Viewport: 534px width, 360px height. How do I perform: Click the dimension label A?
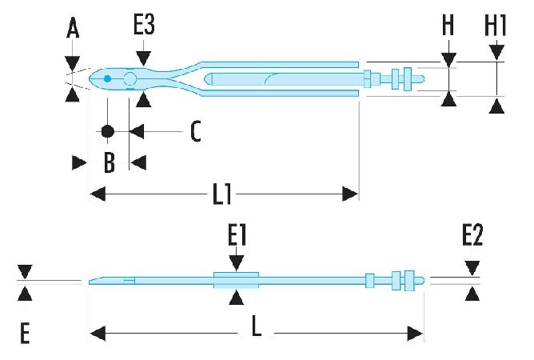(73, 30)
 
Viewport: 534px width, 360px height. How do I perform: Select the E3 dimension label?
(144, 26)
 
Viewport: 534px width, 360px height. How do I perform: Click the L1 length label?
(224, 194)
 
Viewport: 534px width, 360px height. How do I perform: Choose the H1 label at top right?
(496, 26)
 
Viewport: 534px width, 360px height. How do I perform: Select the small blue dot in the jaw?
(107, 78)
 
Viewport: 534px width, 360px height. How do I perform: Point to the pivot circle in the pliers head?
(130, 78)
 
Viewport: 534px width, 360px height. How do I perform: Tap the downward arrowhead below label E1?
(236, 263)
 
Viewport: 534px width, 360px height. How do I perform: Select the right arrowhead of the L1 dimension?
(350, 194)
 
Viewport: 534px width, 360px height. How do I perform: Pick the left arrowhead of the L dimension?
(95, 331)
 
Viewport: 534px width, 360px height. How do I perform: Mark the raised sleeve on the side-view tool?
(236, 279)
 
